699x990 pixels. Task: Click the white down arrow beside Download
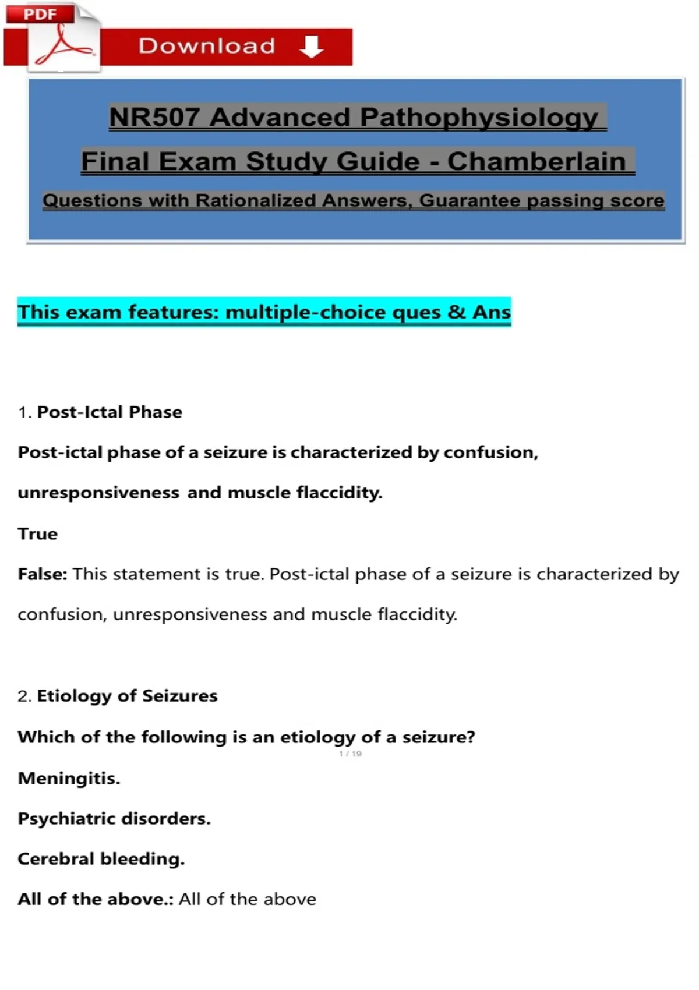point(312,47)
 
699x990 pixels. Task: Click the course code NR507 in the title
point(154,117)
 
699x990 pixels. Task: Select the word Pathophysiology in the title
point(479,117)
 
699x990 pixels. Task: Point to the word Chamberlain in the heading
point(536,161)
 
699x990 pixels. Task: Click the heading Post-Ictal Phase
point(110,412)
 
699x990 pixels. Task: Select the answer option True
point(38,533)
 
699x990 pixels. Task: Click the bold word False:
point(43,574)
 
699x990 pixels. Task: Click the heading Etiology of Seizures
point(127,696)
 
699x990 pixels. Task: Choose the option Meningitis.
point(69,778)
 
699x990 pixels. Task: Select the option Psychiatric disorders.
point(114,819)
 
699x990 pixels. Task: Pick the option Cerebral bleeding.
point(101,859)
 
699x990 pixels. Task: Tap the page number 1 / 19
point(350,754)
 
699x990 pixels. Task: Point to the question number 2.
point(24,696)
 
